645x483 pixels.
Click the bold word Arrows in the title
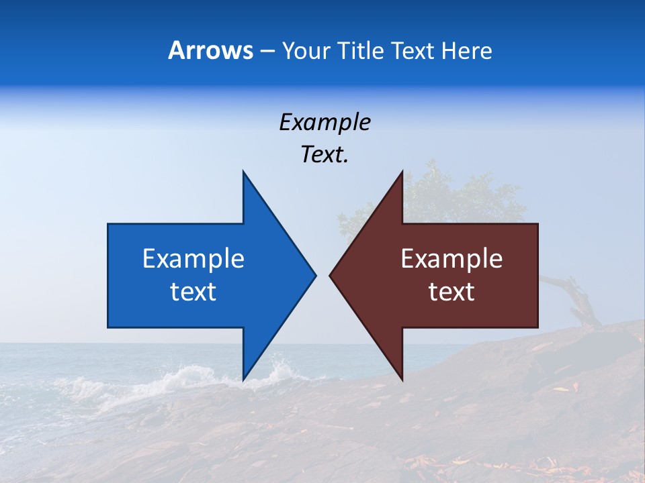click(210, 50)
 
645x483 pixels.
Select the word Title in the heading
click(361, 50)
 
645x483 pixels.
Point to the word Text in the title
click(413, 50)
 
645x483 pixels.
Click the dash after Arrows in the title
click(267, 52)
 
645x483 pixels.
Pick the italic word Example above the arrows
click(325, 123)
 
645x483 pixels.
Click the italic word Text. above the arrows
click(325, 154)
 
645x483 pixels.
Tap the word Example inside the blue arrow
click(193, 259)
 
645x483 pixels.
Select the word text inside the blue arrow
click(193, 292)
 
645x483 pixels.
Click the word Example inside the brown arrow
click(451, 259)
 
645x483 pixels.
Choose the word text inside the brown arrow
click(451, 292)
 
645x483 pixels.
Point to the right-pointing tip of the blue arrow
click(314, 274)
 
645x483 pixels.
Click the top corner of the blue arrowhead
click(244, 172)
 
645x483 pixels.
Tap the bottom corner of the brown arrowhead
click(402, 379)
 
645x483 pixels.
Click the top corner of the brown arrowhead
click(402, 172)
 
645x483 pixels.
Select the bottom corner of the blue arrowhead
click(244, 379)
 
